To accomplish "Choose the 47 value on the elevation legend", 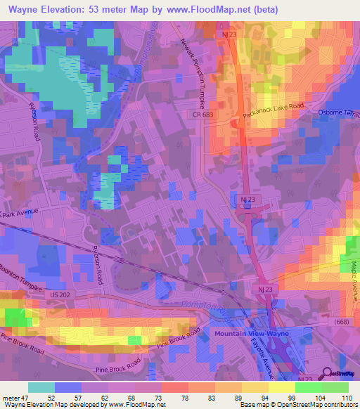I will [20, 398].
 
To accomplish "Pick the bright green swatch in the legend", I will [309, 387].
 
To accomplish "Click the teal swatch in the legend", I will [41, 387].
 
